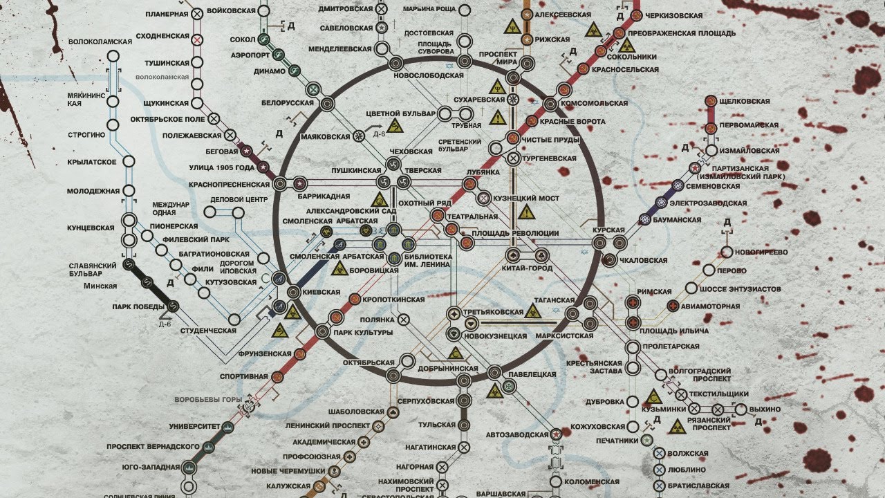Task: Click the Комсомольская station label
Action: [594, 104]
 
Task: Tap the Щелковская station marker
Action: [710, 101]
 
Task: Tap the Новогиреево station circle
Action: [727, 252]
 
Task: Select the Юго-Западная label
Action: [151, 468]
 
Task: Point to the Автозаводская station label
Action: [517, 435]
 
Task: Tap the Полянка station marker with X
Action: [404, 320]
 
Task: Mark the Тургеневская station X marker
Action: [514, 158]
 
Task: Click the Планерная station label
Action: [167, 14]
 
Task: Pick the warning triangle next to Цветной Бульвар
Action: [395, 126]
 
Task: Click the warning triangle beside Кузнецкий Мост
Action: [528, 212]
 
